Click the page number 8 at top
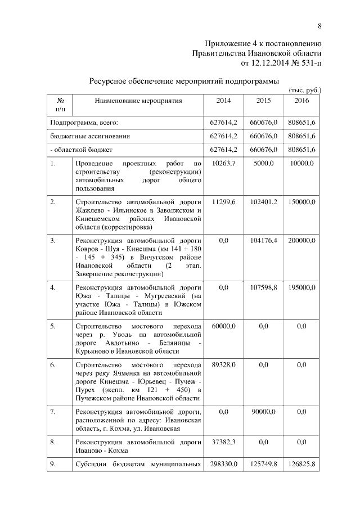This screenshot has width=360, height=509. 319,26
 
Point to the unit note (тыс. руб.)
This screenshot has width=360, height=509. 304,89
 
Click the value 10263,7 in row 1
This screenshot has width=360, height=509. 223,163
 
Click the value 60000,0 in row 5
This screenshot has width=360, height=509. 223,326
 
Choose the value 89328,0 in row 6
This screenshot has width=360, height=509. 223,365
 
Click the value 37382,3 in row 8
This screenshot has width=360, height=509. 223,442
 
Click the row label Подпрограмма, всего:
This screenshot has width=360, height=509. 84,122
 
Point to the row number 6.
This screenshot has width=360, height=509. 52,365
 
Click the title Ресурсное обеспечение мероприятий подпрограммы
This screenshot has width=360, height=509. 184,81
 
